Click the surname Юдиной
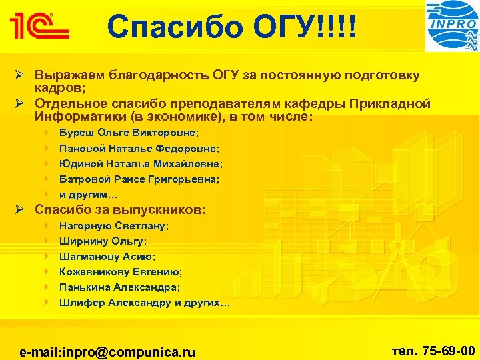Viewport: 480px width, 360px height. [78, 164]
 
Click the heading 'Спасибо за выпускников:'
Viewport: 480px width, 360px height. [120, 211]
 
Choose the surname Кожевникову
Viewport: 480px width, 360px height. [92, 272]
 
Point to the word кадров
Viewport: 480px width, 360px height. [56, 87]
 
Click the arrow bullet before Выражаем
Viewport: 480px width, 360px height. [20, 75]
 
